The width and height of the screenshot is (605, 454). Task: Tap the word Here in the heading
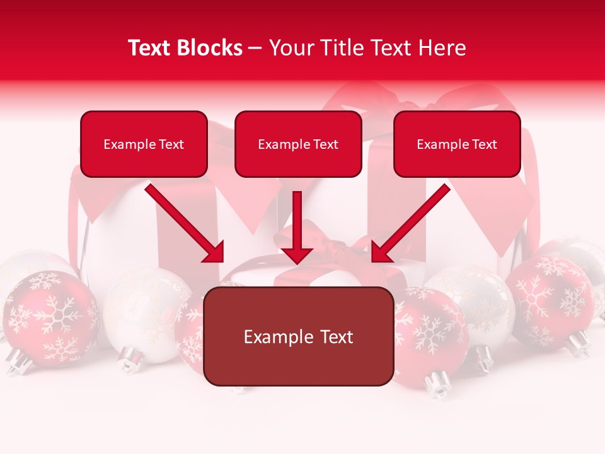coord(442,48)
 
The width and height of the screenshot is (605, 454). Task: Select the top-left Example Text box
coord(144,144)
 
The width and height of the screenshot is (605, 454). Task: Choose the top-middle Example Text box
coord(298,144)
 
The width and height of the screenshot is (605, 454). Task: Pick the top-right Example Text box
coord(457,144)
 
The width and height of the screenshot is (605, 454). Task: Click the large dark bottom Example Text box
coord(299,337)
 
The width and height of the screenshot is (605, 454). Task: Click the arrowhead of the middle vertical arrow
coord(297,255)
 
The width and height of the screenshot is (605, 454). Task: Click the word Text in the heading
coord(154,48)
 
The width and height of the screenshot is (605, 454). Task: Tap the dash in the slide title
coord(255,48)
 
